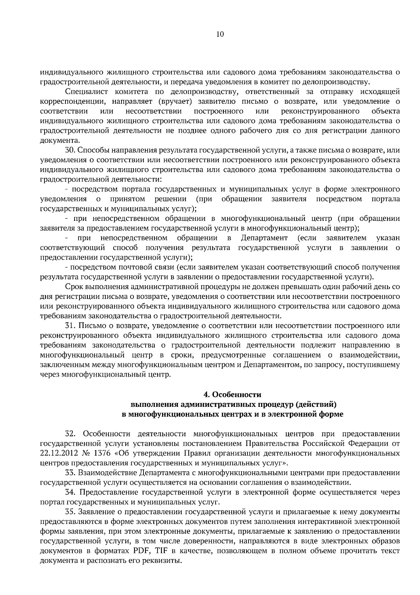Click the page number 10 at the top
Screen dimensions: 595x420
click(220, 34)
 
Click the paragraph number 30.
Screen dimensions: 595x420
click(70, 150)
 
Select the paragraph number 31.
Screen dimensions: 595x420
click(70, 326)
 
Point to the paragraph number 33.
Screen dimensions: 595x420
click(70, 473)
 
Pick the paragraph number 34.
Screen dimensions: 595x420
click(70, 492)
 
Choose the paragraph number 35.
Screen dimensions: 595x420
click(70, 512)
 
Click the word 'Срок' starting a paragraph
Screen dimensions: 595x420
click(73, 287)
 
